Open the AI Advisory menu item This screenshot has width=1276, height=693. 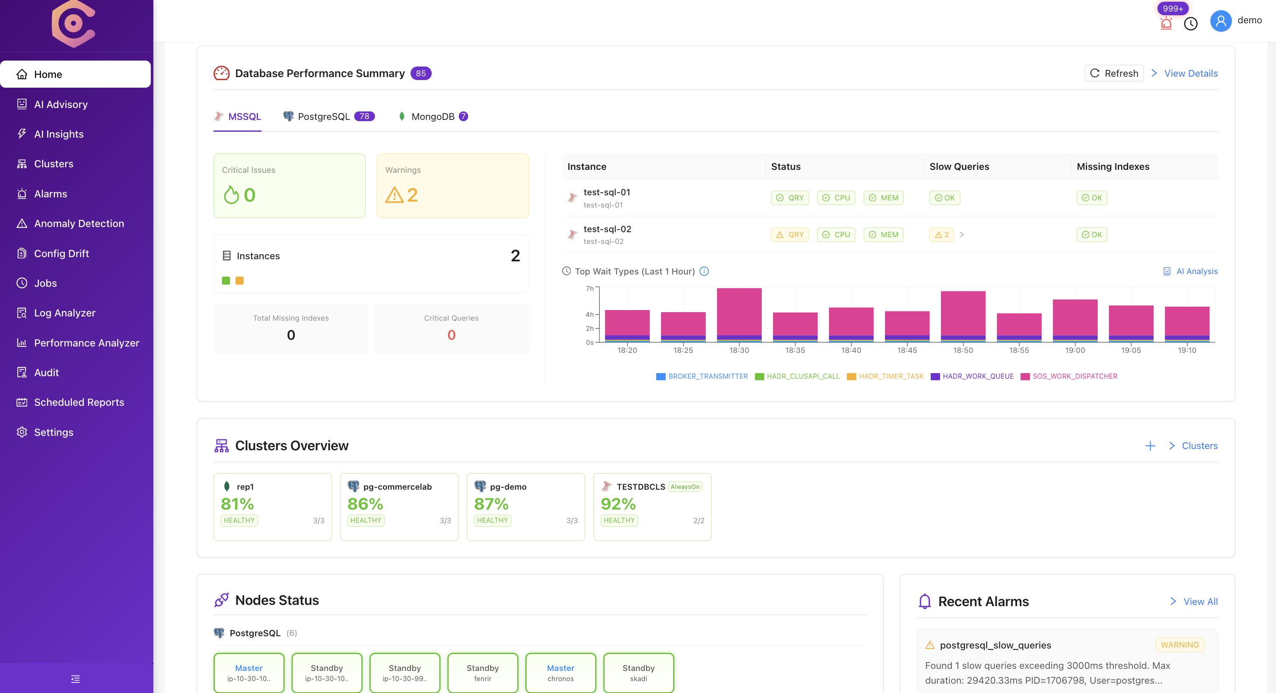[x=61, y=104]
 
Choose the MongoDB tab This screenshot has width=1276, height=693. [x=433, y=116]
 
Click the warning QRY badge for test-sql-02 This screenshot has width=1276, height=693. [x=790, y=235]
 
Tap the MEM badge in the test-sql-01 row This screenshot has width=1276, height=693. [x=883, y=198]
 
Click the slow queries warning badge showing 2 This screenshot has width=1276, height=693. [x=941, y=235]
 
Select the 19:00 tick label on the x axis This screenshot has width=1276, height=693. [x=1075, y=350]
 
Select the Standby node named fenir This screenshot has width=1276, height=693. [x=483, y=672]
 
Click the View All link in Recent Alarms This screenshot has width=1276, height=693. [x=1200, y=602]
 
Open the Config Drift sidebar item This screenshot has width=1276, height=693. [x=61, y=253]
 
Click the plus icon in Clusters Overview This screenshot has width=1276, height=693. [x=1150, y=446]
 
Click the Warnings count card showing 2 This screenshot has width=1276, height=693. [x=452, y=186]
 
